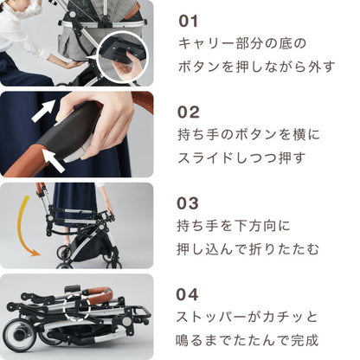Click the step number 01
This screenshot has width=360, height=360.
point(189,20)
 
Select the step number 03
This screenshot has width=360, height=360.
point(190,203)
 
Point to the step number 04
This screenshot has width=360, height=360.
point(190,294)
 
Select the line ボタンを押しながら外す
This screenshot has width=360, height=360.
point(256,67)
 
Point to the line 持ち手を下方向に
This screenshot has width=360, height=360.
point(235,227)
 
